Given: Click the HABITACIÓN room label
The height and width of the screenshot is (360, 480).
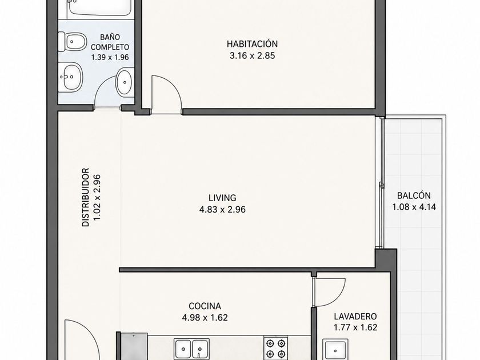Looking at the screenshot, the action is (x=252, y=44).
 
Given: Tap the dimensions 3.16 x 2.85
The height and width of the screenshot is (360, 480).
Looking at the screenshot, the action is (x=252, y=56).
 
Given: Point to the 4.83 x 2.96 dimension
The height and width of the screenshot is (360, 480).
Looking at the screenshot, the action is (x=222, y=210).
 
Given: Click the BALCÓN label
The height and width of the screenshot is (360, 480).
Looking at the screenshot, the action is (x=414, y=195).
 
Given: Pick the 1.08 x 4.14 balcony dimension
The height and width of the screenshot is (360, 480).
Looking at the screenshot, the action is (x=414, y=207).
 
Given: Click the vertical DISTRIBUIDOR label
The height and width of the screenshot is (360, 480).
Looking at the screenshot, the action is (x=86, y=197).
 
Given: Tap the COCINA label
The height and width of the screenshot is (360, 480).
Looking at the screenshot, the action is (x=205, y=306).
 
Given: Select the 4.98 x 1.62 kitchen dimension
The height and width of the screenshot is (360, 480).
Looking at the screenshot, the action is (x=205, y=318).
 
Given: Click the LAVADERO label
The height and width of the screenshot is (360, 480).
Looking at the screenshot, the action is (x=355, y=316).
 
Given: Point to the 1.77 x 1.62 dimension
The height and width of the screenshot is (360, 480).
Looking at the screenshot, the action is (x=355, y=327).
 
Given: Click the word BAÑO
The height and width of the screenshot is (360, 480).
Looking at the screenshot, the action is (x=110, y=37).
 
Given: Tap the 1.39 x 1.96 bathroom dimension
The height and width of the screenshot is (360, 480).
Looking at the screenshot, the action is (x=110, y=57).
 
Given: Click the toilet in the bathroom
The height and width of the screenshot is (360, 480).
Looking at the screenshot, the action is (x=73, y=41).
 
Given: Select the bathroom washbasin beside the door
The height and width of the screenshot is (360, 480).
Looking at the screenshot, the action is (x=125, y=82).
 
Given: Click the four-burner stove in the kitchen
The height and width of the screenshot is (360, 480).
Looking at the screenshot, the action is (x=276, y=348).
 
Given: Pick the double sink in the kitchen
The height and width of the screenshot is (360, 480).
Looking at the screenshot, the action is (x=191, y=349).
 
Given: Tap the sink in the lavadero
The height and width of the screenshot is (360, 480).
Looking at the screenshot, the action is (x=335, y=350).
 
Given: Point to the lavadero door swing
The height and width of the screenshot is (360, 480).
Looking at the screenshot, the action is (x=337, y=293).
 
